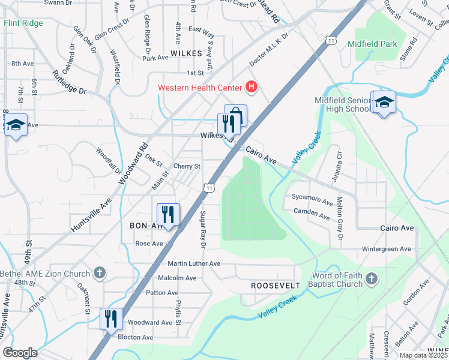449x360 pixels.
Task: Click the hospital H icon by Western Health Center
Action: (252, 88)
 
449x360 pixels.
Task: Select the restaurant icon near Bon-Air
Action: (168, 214)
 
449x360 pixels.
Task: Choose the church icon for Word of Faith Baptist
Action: (372, 279)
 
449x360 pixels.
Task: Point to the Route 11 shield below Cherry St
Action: (208, 188)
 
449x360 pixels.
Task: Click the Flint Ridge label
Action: (23, 23)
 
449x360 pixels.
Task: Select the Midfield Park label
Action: (372, 44)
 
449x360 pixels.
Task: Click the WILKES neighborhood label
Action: (186, 53)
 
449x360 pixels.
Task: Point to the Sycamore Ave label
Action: (312, 197)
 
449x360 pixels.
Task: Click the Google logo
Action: (20, 353)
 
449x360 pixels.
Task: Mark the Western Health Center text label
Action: (200, 88)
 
